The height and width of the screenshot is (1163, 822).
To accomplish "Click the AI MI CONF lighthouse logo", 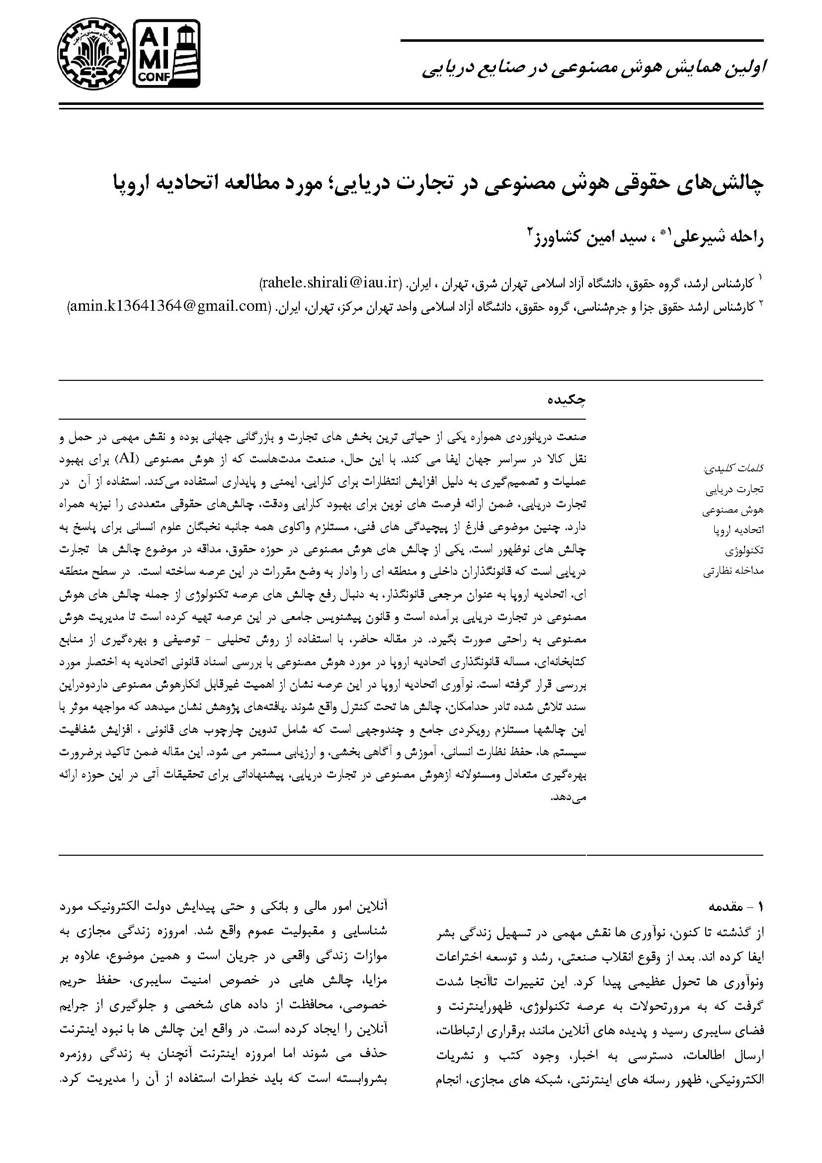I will (x=166, y=53).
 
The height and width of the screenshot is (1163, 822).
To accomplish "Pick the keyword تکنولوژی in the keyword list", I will (x=744, y=550).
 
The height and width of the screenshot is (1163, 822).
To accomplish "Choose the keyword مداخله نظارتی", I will (x=733, y=571).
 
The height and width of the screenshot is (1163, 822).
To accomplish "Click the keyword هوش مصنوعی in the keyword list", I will (x=733, y=510).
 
